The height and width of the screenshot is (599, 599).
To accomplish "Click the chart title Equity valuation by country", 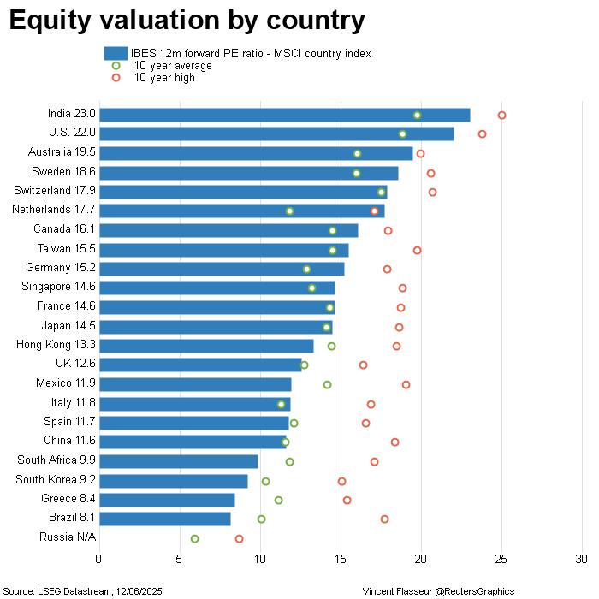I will click(187, 21).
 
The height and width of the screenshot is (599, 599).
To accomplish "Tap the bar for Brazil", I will click(164, 519).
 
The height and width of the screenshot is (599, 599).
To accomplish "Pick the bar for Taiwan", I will click(223, 250).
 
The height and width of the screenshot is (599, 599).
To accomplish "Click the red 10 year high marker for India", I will click(502, 115).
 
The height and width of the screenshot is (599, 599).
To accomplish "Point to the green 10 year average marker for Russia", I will click(194, 538).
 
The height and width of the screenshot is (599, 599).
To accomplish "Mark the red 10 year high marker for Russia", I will click(239, 538).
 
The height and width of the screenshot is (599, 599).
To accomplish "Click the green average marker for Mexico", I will click(327, 384).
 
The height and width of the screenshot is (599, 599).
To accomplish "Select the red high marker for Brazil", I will click(384, 519).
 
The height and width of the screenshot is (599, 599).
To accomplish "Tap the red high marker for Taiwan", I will click(417, 250).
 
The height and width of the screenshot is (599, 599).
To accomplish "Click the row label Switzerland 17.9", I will click(55, 190).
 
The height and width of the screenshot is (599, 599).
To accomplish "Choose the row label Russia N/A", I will click(68, 537).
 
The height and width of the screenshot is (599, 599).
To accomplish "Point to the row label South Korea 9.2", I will click(56, 479).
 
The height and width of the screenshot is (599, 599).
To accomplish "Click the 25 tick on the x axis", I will click(501, 559).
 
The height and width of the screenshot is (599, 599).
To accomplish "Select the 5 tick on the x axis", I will click(180, 559).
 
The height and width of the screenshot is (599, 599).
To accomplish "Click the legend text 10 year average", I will click(173, 66).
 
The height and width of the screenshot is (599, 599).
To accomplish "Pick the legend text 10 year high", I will click(164, 78).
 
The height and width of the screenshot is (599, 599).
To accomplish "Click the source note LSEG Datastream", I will click(83, 591).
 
